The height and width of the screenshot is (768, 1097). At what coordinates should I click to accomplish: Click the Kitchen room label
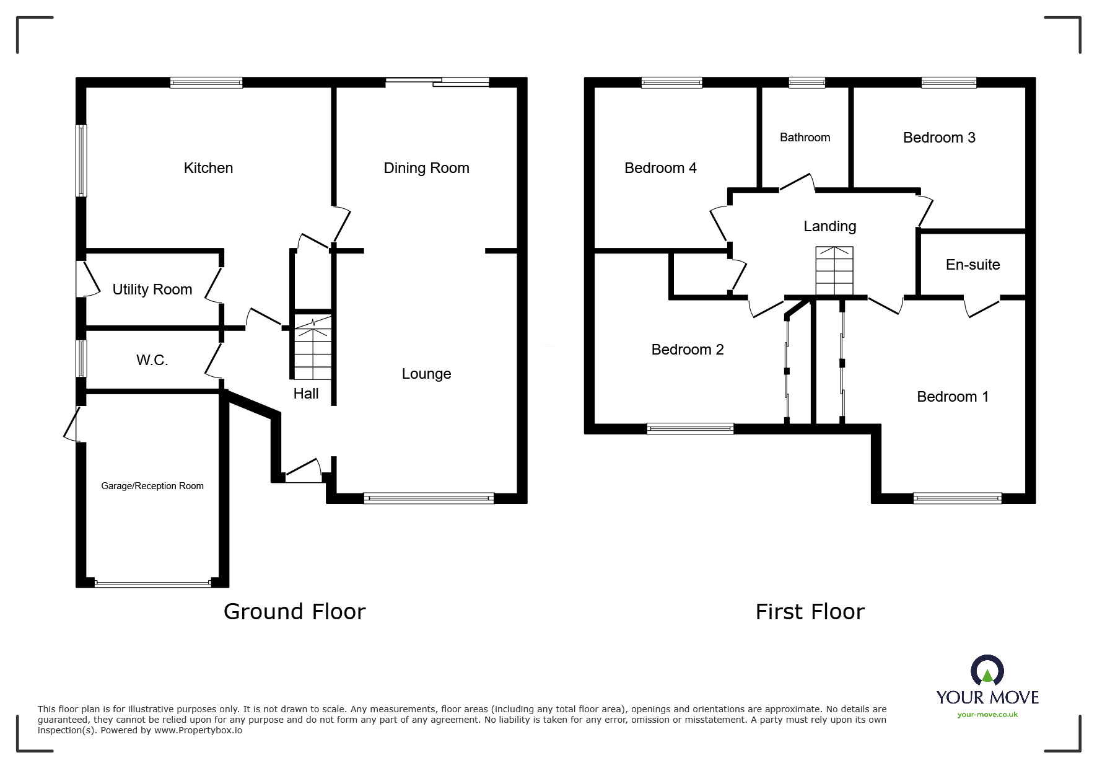click(x=208, y=168)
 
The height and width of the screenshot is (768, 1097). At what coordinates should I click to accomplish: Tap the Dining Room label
click(x=426, y=168)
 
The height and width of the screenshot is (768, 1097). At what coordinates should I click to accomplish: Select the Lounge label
click(x=426, y=374)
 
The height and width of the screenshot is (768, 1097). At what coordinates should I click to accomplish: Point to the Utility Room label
click(x=152, y=289)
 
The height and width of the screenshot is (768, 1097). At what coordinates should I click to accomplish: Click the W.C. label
click(x=152, y=360)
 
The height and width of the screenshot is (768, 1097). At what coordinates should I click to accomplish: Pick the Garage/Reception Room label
click(x=152, y=486)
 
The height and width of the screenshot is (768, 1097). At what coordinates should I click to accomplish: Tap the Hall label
click(x=306, y=394)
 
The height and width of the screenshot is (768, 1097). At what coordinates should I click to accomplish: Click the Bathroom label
click(x=805, y=138)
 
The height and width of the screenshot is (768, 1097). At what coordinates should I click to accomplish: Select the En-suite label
click(x=972, y=265)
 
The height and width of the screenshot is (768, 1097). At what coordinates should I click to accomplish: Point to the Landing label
click(x=829, y=227)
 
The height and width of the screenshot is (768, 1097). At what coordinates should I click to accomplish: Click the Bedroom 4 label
click(x=660, y=168)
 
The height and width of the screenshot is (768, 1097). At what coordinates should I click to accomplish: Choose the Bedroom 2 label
click(x=688, y=350)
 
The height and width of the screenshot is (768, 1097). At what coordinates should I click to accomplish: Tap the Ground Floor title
click(x=295, y=612)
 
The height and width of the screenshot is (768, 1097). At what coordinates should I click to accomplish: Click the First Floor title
click(x=810, y=612)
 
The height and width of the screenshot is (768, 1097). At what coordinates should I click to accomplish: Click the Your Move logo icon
click(x=987, y=671)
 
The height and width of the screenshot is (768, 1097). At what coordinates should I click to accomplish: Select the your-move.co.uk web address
click(x=987, y=715)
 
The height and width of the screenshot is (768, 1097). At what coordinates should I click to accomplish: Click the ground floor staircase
click(x=313, y=347)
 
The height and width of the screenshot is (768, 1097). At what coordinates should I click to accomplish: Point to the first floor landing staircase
click(x=834, y=271)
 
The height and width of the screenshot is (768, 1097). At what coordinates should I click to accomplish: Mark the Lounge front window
click(x=429, y=498)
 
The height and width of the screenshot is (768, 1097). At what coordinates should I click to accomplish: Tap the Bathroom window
click(x=806, y=82)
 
